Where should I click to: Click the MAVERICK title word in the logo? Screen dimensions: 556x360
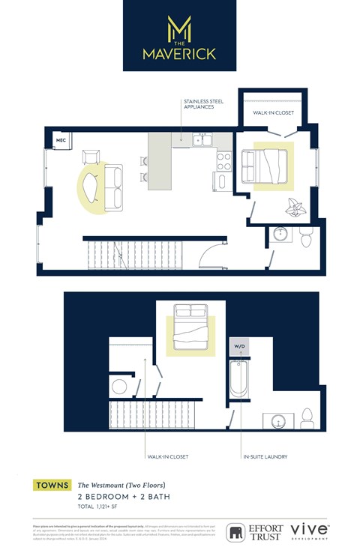click(179, 54)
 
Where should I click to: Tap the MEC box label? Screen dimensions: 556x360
click(61, 140)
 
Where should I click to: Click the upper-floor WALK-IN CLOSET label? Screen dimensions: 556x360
click(272, 113)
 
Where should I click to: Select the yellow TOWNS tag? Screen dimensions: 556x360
click(52, 486)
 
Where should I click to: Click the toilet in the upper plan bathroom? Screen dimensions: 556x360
click(305, 239)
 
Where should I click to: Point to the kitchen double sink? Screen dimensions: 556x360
click(201, 139)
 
